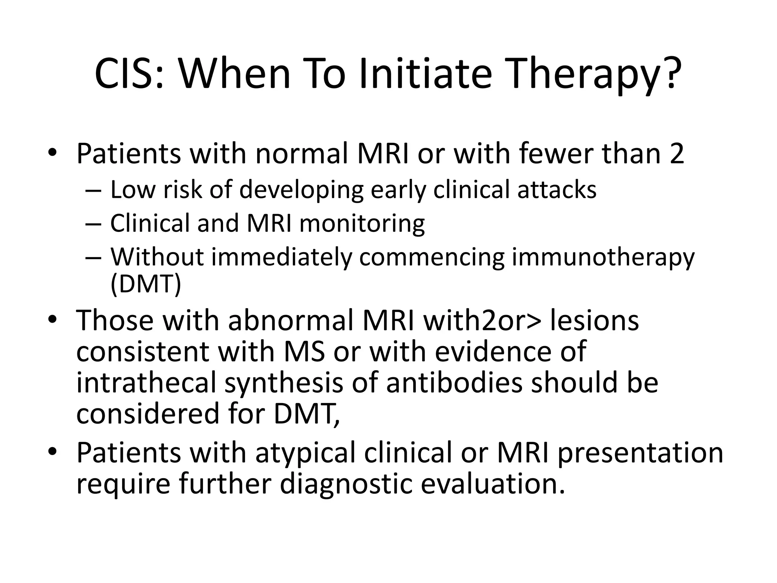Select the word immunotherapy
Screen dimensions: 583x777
603,257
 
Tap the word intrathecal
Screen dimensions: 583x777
146,382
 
